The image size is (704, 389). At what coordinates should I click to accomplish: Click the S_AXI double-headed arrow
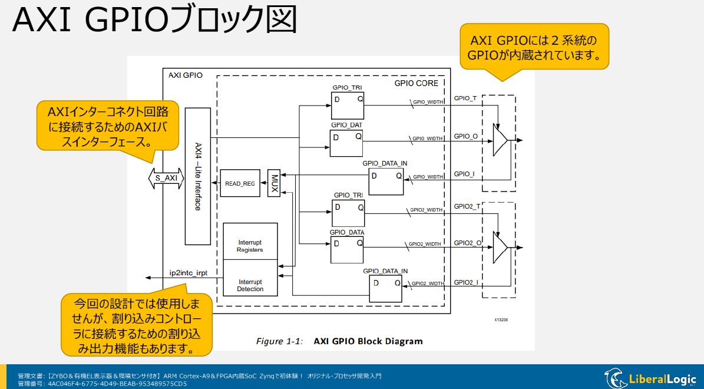tap(166, 177)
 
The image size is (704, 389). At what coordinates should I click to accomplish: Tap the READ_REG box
tap(240, 184)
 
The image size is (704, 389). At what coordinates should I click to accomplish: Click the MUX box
tap(273, 184)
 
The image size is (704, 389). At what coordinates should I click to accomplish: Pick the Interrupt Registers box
tap(250, 246)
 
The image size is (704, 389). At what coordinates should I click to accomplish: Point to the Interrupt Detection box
tap(250, 285)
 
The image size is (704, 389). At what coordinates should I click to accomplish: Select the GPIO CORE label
tap(416, 84)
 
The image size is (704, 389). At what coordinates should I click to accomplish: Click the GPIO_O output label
tap(465, 137)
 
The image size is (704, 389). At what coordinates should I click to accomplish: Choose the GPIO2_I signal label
tap(465, 282)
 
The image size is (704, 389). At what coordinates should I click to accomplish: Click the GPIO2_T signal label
tap(467, 206)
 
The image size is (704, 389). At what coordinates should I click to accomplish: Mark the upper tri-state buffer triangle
tap(500, 140)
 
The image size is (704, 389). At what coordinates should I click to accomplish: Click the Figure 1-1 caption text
tap(339, 341)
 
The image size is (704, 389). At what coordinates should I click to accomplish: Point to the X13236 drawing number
tap(501, 319)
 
